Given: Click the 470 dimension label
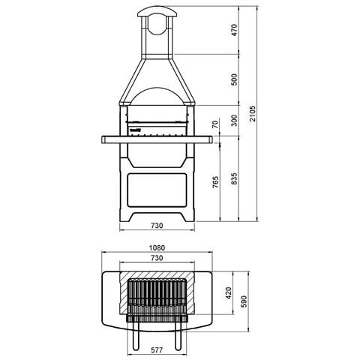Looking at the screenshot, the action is pos(234,30).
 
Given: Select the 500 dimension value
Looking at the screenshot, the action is pos(234,79).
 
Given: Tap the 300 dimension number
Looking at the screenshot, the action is pos(234,121).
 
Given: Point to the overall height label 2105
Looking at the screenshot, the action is pos(253,113).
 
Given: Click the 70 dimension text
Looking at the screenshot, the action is pos(215,124).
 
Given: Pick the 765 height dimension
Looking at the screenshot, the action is pos(215,182).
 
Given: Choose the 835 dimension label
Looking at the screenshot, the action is pos(234,178).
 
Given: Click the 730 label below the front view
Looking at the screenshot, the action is pos(157,226).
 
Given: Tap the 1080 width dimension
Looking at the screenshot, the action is pos(157,247).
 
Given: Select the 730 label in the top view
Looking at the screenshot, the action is pos(157,258).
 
